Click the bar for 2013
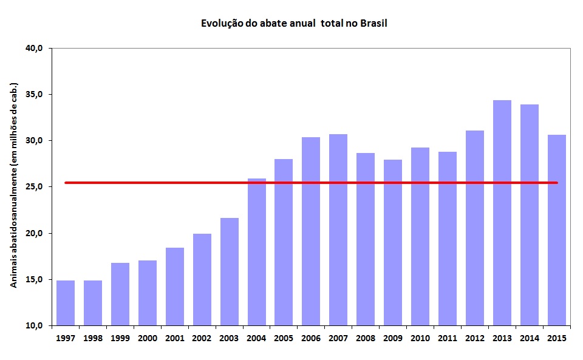[x=502, y=212]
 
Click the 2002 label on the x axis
[x=202, y=338]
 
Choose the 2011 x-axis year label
[x=448, y=338]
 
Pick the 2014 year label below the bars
[x=529, y=338]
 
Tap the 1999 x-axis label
[x=120, y=338]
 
